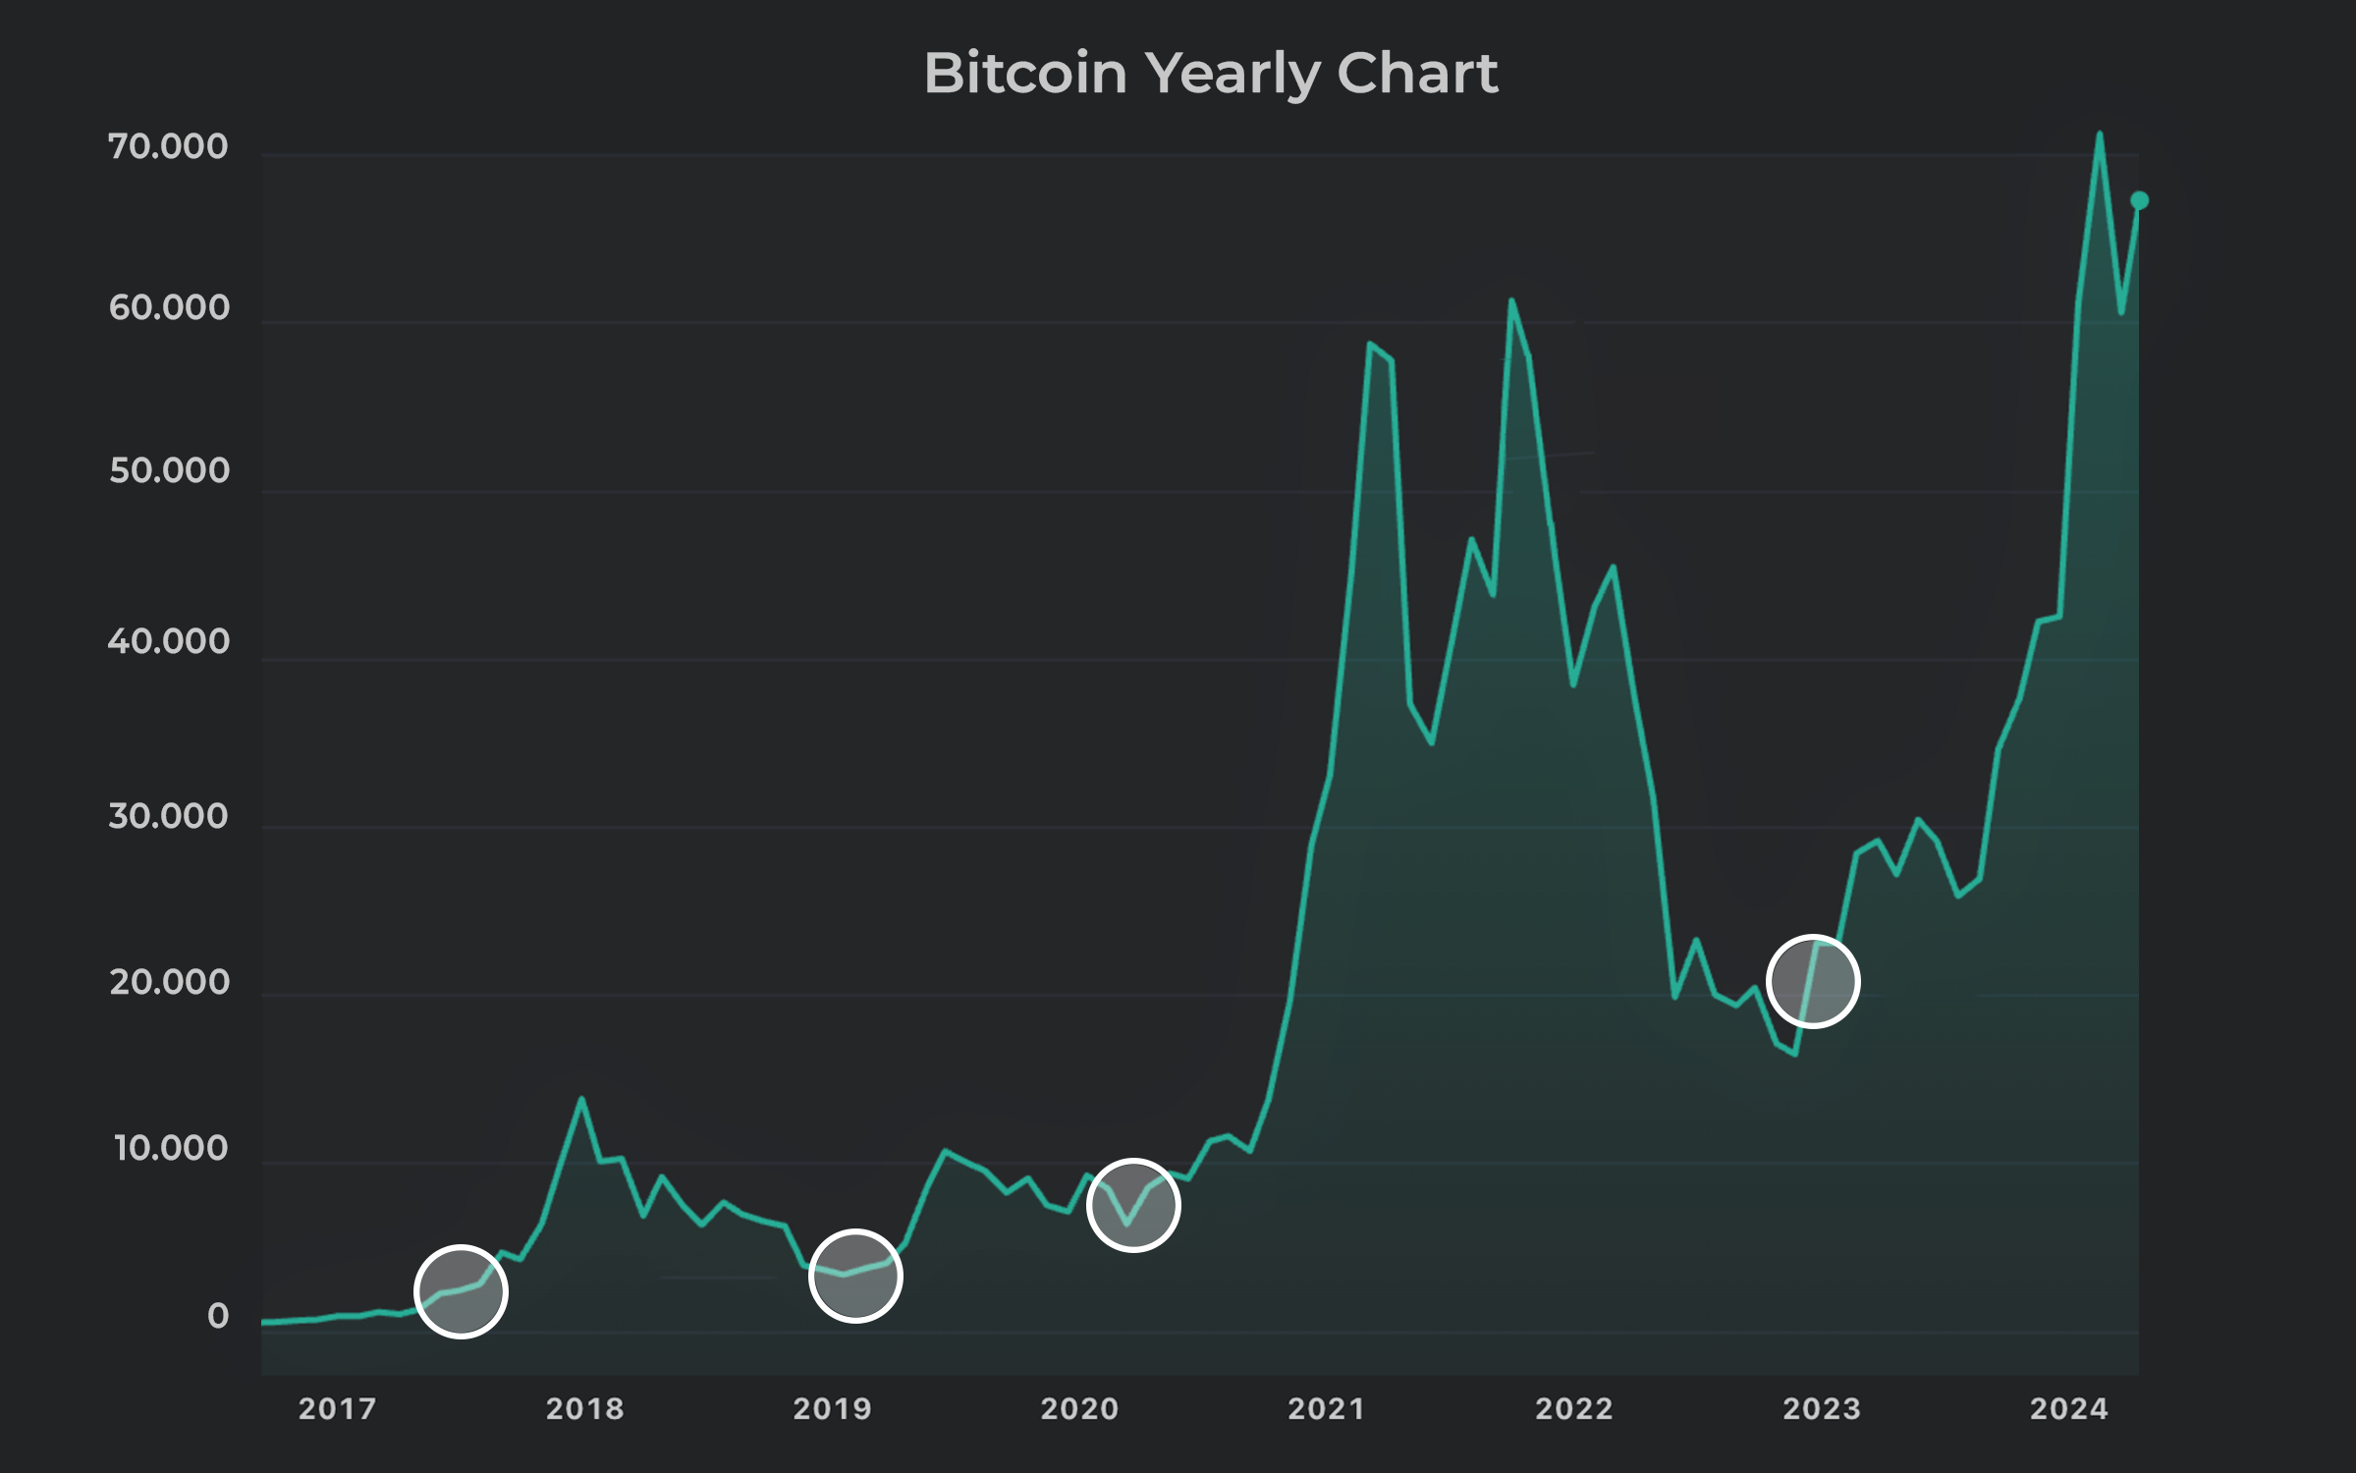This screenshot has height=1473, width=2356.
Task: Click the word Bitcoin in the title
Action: pos(1025,74)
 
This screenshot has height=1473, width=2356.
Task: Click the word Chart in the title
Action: pos(1417,74)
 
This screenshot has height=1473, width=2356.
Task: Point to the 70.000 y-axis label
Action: pos(168,147)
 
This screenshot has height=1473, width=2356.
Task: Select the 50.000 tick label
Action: pos(169,471)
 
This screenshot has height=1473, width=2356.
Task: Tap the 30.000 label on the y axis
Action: pos(168,816)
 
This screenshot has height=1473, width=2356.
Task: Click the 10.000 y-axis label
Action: pos(171,1148)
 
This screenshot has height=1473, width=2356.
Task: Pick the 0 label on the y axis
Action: pos(218,1316)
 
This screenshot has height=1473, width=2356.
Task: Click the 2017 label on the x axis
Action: pos(338,1409)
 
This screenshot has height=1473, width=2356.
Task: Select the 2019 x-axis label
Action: pos(833,1409)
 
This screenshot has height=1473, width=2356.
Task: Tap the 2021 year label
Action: pos(1327,1409)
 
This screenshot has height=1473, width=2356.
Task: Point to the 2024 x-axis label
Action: pos(2069,1409)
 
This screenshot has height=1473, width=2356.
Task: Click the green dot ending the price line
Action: pos(2139,201)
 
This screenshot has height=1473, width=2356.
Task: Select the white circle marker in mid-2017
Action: pos(461,1291)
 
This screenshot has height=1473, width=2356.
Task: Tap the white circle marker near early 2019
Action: pos(855,1276)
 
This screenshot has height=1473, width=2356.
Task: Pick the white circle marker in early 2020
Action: pos(1133,1205)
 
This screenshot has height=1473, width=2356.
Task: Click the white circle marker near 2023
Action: pos(1813,981)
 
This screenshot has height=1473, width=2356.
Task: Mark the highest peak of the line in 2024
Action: pos(2100,134)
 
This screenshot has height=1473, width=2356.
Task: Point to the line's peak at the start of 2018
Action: pos(581,1099)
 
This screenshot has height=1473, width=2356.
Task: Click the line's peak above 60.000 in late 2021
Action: pos(1511,300)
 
